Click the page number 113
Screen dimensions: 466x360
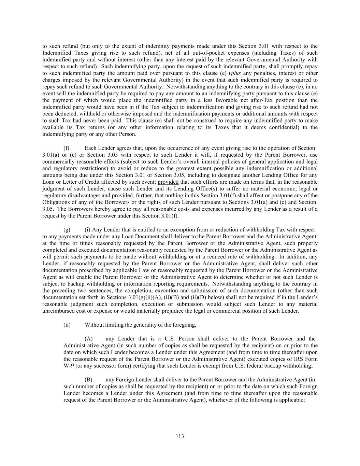click(x=180, y=436)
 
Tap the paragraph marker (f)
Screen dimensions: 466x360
click(x=67, y=148)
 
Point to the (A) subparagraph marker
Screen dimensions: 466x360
click(x=88, y=339)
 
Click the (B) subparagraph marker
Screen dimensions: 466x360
click(x=88, y=379)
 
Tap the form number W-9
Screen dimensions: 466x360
click(x=70, y=366)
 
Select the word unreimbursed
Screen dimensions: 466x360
click(x=58, y=311)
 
